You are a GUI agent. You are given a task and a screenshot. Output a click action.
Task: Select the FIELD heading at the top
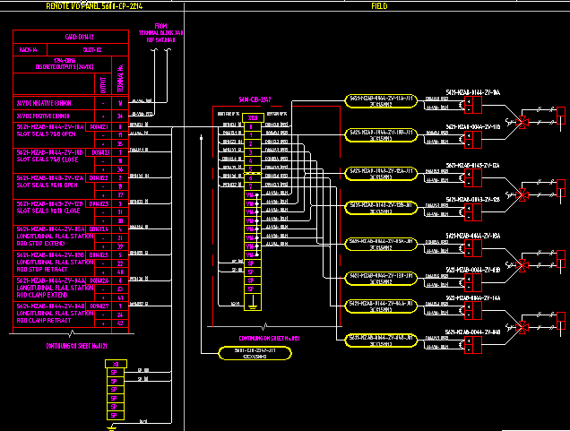(x=379, y=6)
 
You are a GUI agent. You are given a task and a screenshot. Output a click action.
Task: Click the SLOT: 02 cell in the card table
(x=93, y=50)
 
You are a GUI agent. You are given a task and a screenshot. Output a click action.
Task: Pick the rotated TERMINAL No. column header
(x=119, y=75)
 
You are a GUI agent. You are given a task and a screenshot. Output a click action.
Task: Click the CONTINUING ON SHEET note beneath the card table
(x=76, y=346)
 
